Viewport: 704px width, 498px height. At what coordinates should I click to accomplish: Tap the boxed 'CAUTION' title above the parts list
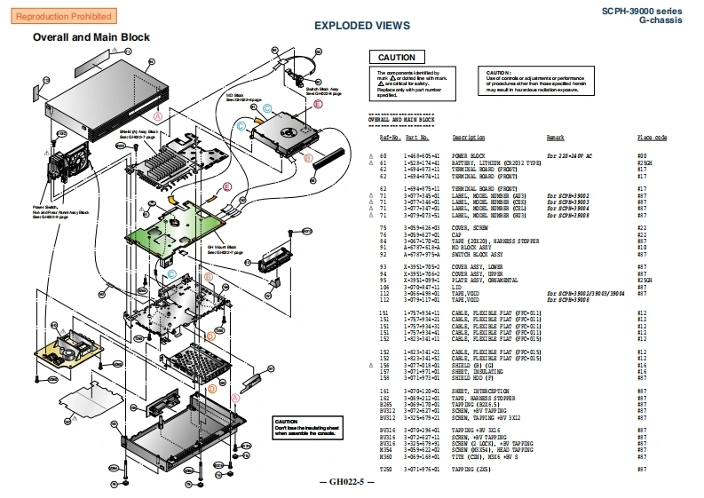click(395, 58)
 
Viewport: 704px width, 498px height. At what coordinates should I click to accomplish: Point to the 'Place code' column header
click(652, 138)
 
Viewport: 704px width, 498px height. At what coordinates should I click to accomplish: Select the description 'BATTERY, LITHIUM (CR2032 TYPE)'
click(486, 163)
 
